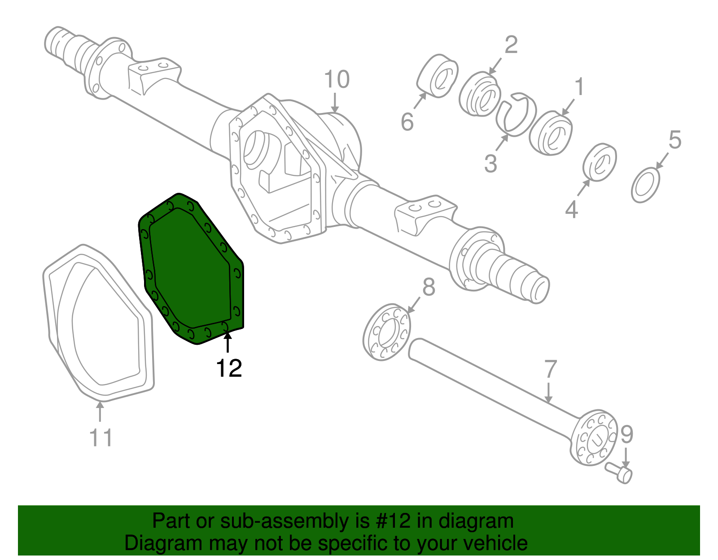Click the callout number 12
tap(229, 368)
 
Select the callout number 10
tap(337, 80)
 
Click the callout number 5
tap(674, 140)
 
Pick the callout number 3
tap(490, 164)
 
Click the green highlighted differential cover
tap(191, 269)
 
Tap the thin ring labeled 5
tap(646, 185)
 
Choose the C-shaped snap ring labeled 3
tap(516, 114)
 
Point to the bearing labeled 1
tap(551, 135)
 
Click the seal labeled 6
tap(438, 76)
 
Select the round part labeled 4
tap(600, 162)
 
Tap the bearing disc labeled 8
tap(386, 332)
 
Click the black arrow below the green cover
tap(228, 343)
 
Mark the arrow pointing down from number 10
tap(334, 102)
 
